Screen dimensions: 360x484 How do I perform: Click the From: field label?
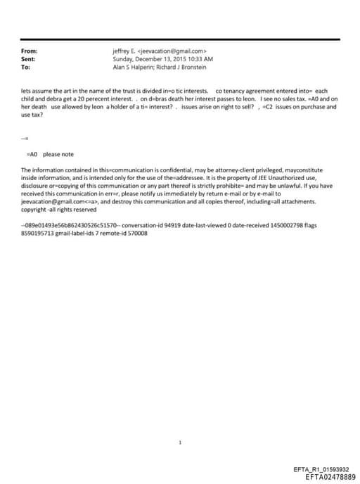pos(29,51)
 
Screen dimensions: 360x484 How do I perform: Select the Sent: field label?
pos(28,59)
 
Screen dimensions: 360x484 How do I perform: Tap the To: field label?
pos(26,68)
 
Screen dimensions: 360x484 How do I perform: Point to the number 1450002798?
pos(255,224)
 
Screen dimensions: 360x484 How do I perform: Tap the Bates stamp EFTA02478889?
pos(326,477)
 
